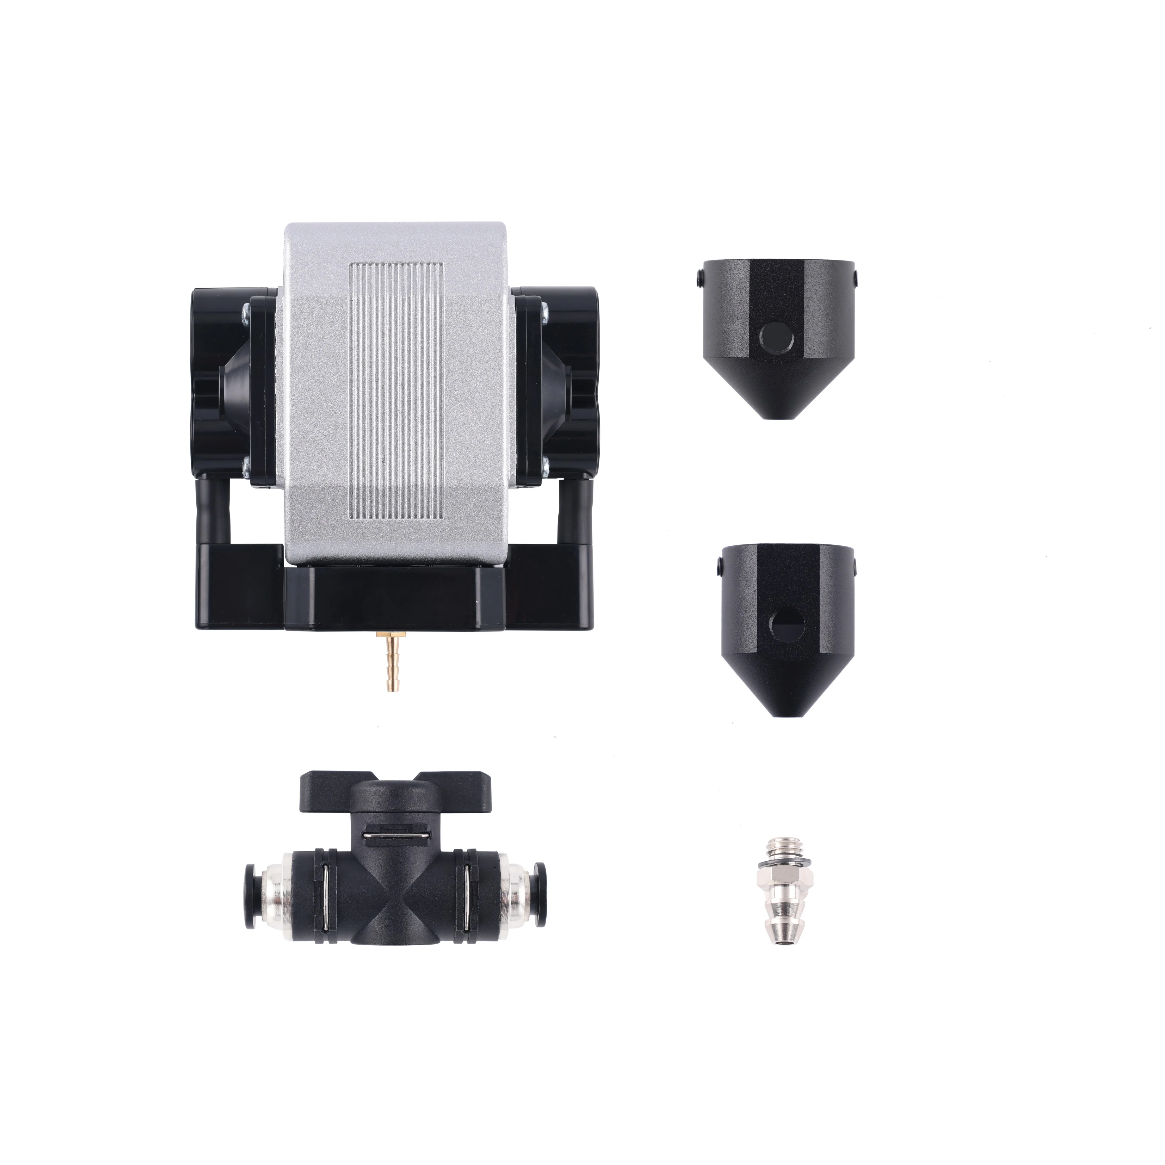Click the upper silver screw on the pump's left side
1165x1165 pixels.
click(x=245, y=312)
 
